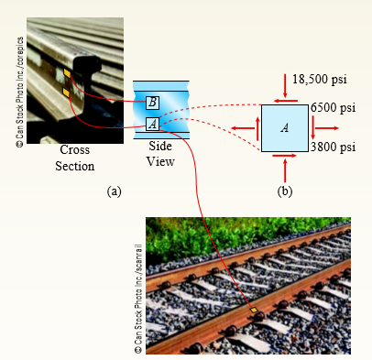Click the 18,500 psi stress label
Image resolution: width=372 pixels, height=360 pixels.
point(322,81)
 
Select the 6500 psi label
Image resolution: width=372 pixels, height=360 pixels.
point(332,108)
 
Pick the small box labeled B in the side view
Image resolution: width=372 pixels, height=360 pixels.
point(152,101)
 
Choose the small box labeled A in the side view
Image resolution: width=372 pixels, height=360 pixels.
point(152,123)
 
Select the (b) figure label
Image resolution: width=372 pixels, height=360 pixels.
point(284,191)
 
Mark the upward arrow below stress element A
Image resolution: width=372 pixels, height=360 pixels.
point(285,169)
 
